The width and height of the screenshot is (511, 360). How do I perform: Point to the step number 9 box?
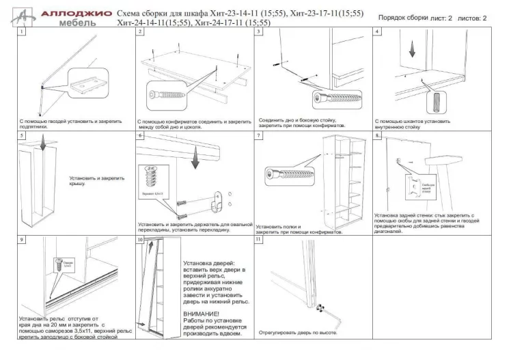point(23,240)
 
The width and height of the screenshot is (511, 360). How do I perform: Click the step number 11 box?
point(258,240)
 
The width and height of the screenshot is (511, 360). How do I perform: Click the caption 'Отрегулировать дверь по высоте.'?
point(298,333)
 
